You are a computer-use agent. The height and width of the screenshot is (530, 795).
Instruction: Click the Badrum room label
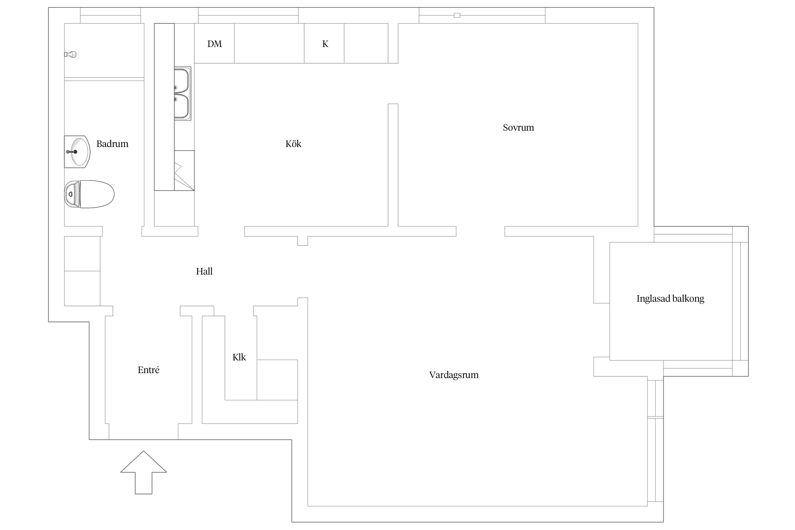point(112,144)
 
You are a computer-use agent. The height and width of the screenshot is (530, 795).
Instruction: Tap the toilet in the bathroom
point(89,194)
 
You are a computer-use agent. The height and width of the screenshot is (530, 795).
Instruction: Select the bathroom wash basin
point(77,152)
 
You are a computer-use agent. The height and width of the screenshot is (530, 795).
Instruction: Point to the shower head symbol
point(70,54)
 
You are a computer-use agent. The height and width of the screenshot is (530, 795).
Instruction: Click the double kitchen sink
point(183,94)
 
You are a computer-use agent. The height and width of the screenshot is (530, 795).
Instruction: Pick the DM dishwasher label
point(214,44)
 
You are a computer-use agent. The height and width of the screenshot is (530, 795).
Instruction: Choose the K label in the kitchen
point(325,44)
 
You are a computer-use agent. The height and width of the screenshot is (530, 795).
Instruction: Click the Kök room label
point(293,144)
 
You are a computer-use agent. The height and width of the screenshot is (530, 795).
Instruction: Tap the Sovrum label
point(518,128)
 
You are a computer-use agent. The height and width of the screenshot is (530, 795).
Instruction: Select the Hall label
point(204,271)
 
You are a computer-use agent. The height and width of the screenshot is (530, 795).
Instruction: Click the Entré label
point(148,370)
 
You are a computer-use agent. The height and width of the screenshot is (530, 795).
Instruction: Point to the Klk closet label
point(239,357)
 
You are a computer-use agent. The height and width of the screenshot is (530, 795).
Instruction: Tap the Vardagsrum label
point(454,375)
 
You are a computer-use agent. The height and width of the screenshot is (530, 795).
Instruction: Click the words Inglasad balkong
point(670,299)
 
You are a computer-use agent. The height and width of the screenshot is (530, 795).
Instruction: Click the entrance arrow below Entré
point(143,472)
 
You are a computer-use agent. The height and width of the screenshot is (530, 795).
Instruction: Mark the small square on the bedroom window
point(457,15)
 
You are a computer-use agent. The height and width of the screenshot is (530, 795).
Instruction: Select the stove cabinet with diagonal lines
point(184,171)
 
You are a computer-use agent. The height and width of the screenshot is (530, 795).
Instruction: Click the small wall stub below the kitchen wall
point(303,241)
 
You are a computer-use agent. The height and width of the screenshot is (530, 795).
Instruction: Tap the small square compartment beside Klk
point(277,380)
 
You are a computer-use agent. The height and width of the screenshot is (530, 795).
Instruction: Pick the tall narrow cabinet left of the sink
point(164,107)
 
